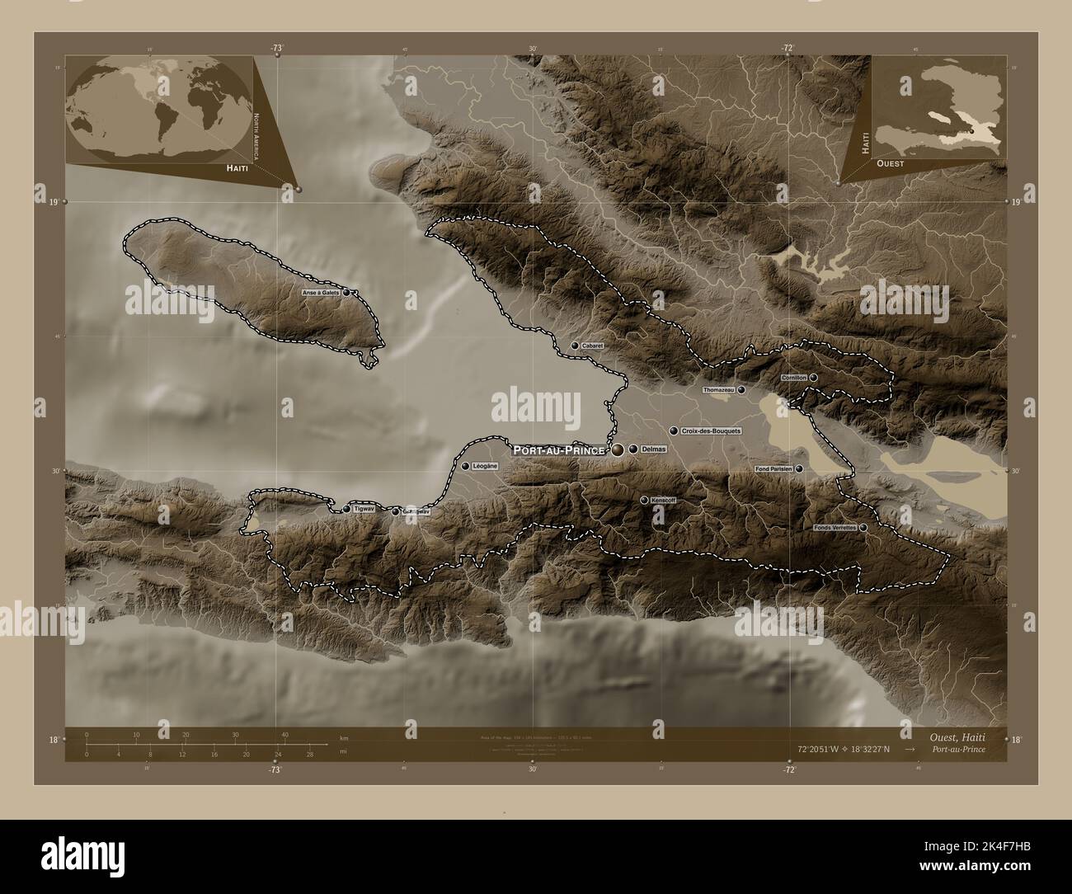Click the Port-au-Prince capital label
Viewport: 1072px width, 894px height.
pos(559,450)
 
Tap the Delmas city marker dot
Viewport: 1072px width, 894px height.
pos(633,449)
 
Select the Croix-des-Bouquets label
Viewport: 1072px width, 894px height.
pos(712,431)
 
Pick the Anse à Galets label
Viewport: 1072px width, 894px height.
pos(321,293)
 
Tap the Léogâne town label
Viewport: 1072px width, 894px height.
pos(486,466)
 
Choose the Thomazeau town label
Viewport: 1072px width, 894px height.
pos(719,389)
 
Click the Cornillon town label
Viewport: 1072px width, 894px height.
pos(793,378)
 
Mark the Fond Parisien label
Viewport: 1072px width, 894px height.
pos(773,468)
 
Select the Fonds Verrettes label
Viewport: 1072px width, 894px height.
pos(835,527)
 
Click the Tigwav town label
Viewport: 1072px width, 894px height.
pos(364,510)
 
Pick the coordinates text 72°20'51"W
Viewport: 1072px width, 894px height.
pos(825,750)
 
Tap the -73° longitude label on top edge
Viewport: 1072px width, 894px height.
pos(275,49)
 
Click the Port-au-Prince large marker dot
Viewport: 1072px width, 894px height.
pos(618,449)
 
